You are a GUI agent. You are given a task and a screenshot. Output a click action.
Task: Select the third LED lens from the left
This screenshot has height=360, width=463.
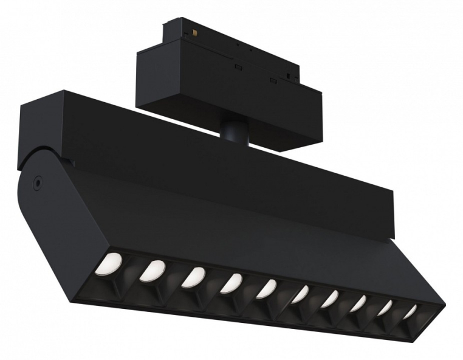193,277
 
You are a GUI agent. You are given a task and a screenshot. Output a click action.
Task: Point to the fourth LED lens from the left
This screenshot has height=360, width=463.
231,283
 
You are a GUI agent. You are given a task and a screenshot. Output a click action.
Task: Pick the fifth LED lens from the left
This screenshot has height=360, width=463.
266,288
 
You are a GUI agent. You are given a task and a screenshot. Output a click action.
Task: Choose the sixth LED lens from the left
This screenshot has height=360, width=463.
300,294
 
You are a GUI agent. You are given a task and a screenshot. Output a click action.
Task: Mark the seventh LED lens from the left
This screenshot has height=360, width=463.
330,299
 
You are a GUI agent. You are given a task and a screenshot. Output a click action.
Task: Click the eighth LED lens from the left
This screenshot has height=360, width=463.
358,303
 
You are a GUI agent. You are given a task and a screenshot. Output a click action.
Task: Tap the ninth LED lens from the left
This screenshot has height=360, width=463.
385,308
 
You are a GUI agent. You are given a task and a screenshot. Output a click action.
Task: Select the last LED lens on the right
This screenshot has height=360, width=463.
411,311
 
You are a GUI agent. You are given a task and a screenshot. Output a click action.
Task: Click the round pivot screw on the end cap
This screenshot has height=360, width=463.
38,181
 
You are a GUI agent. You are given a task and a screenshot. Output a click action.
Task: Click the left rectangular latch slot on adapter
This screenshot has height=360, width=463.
239,66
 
